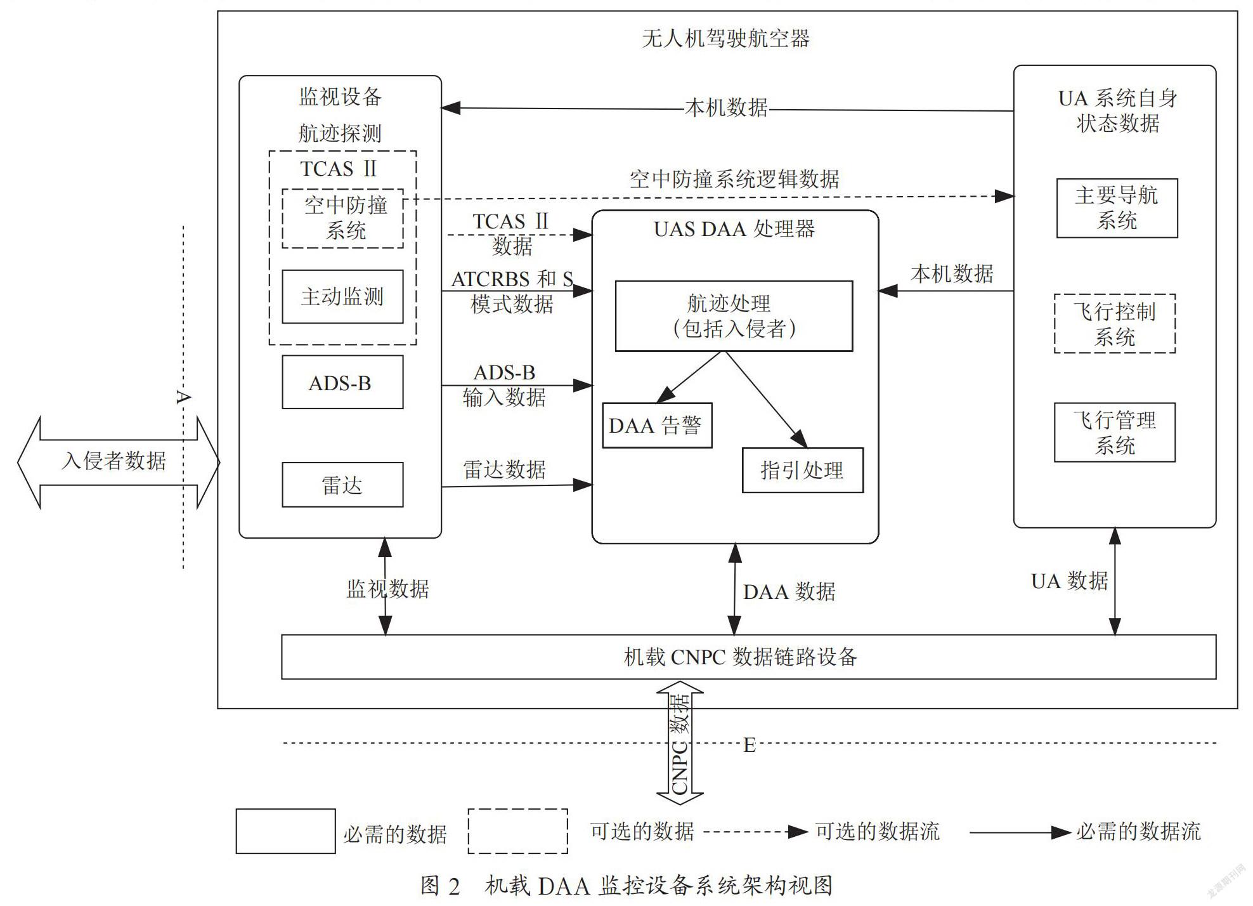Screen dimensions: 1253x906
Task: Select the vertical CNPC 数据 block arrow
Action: (680, 743)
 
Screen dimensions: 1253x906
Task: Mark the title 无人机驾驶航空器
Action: (726, 39)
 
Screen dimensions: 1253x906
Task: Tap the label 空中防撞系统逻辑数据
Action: (734, 179)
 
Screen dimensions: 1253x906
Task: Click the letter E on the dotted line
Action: (750, 745)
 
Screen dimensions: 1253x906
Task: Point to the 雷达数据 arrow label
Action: (504, 469)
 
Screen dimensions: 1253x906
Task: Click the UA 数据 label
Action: (1070, 581)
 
